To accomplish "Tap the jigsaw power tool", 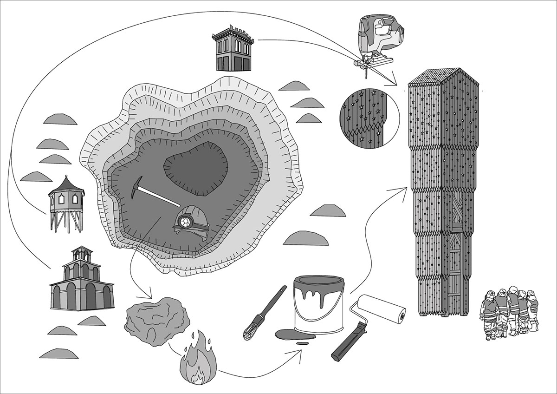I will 378,39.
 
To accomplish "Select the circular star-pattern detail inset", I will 369,116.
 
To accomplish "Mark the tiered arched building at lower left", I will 82,281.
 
